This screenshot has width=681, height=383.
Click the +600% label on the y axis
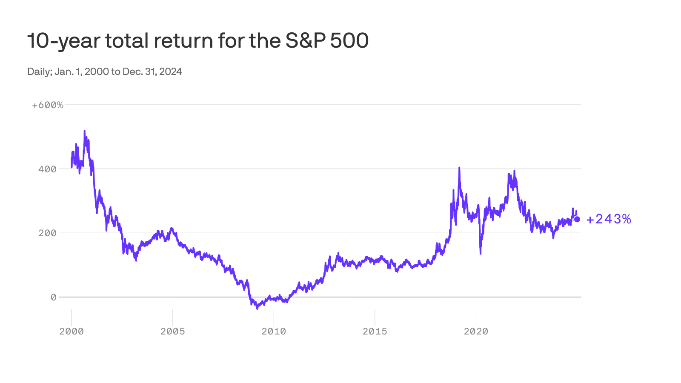48,105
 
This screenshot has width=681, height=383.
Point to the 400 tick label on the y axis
47,169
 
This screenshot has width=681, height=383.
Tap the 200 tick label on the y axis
47,233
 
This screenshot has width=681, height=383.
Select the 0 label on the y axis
53,297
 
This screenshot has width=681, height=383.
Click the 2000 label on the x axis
72,332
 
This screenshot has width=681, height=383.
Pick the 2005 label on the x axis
173,332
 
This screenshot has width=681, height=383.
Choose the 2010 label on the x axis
274,332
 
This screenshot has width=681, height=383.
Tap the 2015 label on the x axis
375,332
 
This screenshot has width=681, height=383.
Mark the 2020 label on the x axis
476,332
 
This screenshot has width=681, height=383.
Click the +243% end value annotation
609,219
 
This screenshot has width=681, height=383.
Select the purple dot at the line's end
577,219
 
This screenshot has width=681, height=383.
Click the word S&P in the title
305,41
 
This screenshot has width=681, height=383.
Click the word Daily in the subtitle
39,71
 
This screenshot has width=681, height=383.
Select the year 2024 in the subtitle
171,71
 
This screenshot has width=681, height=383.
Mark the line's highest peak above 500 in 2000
85,131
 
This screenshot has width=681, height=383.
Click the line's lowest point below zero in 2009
257,308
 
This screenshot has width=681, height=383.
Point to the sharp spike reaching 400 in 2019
459,168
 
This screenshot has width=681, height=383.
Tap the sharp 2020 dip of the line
481,253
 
